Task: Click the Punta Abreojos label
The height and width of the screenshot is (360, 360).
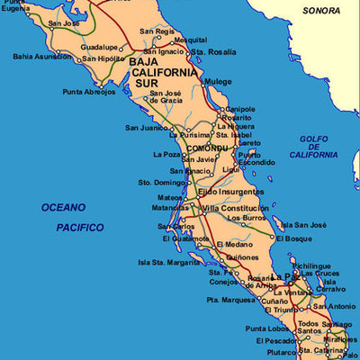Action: coord(89,92)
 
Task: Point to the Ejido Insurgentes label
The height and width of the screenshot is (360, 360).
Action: coord(230,193)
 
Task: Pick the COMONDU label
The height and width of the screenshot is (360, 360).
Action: coord(207,147)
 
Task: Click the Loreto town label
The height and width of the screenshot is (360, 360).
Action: coord(249,143)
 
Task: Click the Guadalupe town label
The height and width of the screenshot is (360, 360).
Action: coord(99,47)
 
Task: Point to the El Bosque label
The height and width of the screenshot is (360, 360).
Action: coord(294,239)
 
